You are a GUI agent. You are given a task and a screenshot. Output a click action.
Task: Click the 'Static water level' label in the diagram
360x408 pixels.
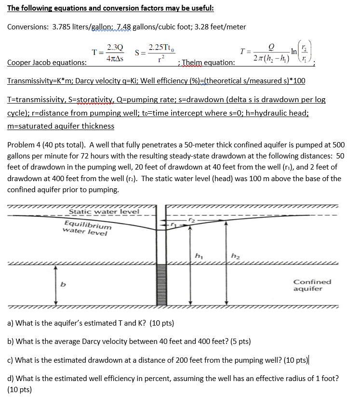104,211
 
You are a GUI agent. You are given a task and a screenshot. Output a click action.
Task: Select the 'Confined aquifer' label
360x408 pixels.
312,285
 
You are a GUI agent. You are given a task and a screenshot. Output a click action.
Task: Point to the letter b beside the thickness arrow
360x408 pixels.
62,285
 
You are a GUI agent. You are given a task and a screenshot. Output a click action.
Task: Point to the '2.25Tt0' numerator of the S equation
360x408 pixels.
161,47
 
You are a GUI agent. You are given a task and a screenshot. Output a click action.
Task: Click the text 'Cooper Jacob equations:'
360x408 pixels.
47,63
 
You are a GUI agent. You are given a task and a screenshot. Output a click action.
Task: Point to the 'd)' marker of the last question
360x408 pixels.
11,379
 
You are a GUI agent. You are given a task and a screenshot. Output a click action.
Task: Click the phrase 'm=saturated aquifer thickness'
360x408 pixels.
61,126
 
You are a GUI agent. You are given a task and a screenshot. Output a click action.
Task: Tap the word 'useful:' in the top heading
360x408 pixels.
200,9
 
